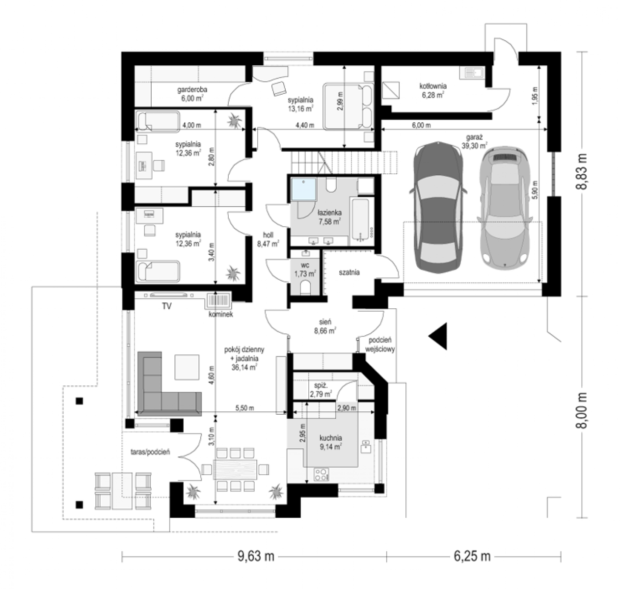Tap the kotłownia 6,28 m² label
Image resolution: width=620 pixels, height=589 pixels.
point(432,90)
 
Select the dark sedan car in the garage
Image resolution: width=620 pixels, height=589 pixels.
point(438,206)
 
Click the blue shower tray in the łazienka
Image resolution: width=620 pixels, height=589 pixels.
point(304,189)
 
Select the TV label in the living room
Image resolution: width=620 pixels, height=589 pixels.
point(166,306)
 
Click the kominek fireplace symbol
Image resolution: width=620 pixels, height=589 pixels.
point(218,300)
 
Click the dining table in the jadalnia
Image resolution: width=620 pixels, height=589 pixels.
point(235,469)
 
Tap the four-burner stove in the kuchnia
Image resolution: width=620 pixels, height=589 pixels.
point(321,475)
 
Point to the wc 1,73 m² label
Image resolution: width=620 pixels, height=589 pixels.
point(305,269)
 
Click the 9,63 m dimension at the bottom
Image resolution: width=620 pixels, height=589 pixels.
point(255,557)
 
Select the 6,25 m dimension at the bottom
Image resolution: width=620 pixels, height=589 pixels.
point(472,557)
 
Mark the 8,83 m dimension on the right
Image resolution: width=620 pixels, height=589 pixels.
point(581,171)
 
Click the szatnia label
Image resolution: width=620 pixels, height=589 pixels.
point(349,272)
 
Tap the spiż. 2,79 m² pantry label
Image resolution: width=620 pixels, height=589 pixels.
point(321,390)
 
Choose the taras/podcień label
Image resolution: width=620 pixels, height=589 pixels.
point(150,452)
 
